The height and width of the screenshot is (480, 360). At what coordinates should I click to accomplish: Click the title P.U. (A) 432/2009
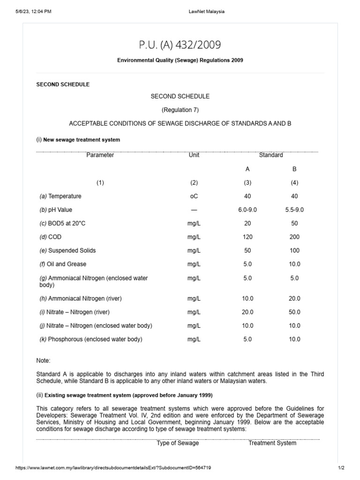(180, 45)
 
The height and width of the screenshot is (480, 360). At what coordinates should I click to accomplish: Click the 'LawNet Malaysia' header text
(203, 12)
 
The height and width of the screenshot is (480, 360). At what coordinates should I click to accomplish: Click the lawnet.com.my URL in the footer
(116, 468)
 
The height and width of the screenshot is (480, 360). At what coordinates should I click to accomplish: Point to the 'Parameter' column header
(100, 155)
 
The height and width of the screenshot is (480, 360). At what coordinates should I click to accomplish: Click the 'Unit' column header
(194, 155)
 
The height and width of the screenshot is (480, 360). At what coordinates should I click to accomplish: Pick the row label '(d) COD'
(51, 237)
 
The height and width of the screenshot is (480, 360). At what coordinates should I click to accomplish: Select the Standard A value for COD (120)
(247, 237)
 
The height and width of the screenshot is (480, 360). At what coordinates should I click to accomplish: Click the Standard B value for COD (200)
(294, 237)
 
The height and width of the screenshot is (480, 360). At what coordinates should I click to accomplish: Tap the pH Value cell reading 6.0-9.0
(247, 210)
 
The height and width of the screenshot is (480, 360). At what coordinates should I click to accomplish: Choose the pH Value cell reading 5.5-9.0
(294, 210)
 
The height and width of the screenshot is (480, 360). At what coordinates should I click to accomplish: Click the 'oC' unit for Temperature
(194, 196)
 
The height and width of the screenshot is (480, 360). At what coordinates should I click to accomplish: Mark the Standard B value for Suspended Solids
(294, 251)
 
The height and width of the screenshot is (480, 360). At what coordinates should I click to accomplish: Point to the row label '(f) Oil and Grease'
(63, 264)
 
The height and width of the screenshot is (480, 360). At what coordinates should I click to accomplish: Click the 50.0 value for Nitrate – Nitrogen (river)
(294, 312)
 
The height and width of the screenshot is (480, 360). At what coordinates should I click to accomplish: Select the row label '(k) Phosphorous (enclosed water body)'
(90, 339)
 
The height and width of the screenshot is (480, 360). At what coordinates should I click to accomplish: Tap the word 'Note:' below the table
(43, 360)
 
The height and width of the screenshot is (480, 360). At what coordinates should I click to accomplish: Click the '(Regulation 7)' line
(180, 110)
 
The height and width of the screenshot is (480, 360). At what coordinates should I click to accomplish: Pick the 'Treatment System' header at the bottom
(272, 443)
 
